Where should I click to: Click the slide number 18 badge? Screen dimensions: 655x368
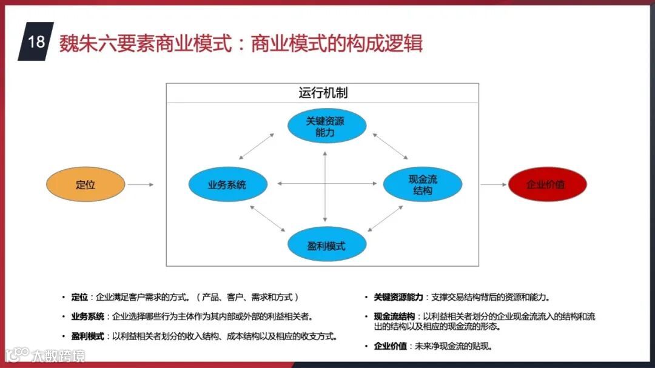36,42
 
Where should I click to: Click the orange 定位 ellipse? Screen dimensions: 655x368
86,184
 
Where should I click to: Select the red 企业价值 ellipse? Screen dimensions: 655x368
548,184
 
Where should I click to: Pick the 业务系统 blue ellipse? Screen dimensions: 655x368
227,184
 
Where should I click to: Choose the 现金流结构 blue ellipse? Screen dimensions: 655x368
423,184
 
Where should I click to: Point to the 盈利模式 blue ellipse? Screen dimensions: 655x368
327,246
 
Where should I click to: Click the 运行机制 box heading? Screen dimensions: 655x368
323,93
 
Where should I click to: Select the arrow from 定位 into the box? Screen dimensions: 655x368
141,184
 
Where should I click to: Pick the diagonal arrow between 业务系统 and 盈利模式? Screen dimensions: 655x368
267,219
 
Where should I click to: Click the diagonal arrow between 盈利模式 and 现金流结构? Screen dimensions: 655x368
385,219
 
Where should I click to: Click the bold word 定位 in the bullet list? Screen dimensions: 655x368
79,297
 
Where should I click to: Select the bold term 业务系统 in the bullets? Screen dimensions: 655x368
87,316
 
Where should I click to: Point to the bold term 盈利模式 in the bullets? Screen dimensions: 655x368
87,336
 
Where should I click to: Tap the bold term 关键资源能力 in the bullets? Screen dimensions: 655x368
398,297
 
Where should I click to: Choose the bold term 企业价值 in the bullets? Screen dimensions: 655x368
390,346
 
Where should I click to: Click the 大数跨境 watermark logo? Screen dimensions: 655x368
45,355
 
